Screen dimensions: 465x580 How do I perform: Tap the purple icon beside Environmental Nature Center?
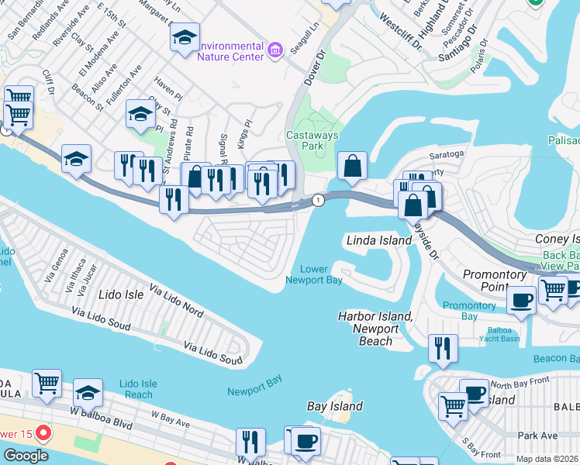(x=274, y=51)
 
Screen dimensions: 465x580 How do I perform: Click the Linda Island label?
(x=378, y=240)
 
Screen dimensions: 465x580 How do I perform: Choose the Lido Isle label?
(x=122, y=294)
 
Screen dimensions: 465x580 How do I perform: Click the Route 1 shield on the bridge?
(x=318, y=201)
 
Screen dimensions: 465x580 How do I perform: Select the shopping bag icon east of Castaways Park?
(x=352, y=166)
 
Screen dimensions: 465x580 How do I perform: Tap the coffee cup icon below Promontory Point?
(x=521, y=300)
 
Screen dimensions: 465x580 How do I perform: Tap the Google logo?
(x=26, y=455)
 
